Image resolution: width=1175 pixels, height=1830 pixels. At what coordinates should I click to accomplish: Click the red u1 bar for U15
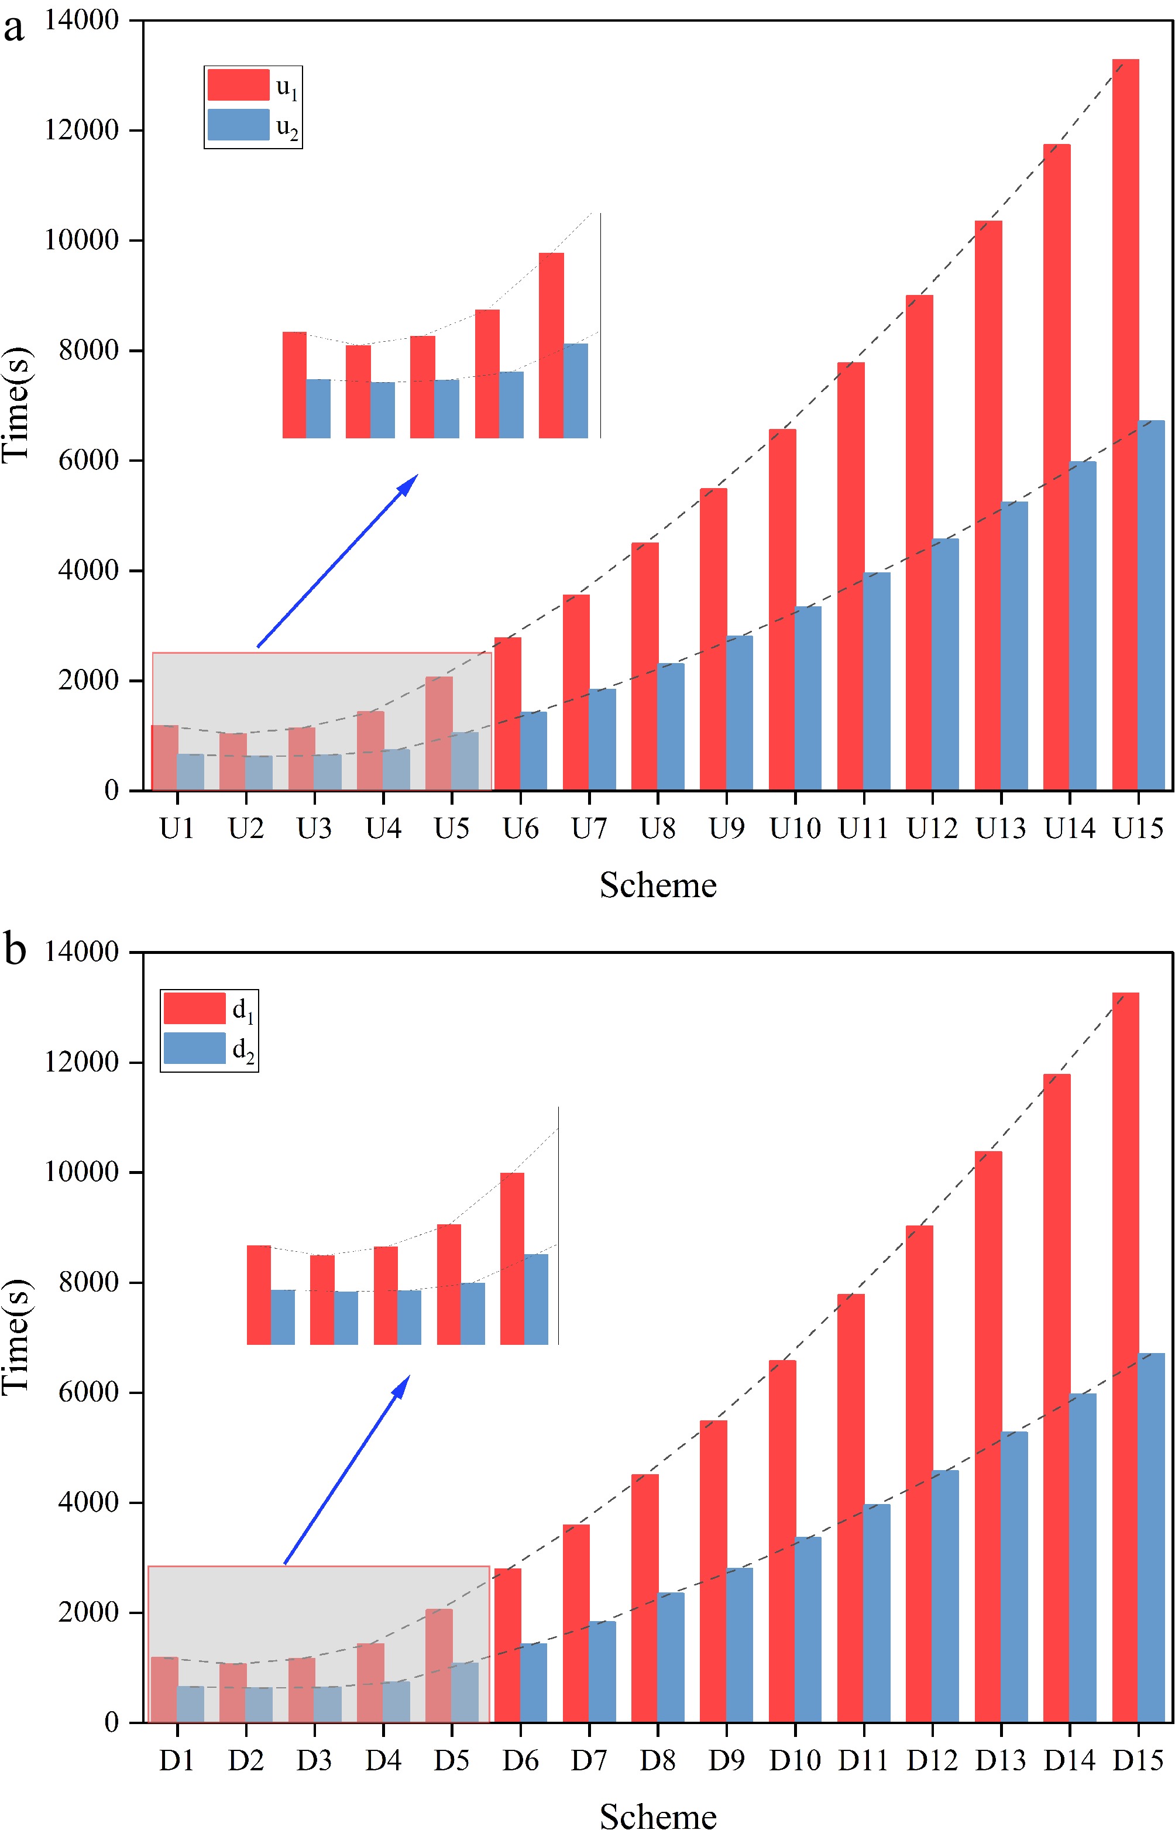click(1125, 424)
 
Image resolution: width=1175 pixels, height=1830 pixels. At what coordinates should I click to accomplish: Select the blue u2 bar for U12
click(946, 664)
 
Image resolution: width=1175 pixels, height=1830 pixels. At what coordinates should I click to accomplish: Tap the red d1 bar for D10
click(782, 1541)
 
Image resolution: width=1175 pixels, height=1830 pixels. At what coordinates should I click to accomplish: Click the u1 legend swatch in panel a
click(238, 85)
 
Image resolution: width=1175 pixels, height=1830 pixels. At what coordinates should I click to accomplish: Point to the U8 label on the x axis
click(658, 829)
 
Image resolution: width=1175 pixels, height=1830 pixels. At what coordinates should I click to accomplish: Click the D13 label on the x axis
click(1000, 1760)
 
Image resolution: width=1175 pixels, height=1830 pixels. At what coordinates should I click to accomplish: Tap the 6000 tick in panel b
click(88, 1392)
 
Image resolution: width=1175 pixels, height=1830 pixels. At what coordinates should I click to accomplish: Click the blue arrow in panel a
click(337, 561)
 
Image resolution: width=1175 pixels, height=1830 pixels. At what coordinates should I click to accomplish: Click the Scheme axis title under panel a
click(658, 885)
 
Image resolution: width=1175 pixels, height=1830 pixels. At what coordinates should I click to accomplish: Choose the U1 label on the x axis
click(177, 829)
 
